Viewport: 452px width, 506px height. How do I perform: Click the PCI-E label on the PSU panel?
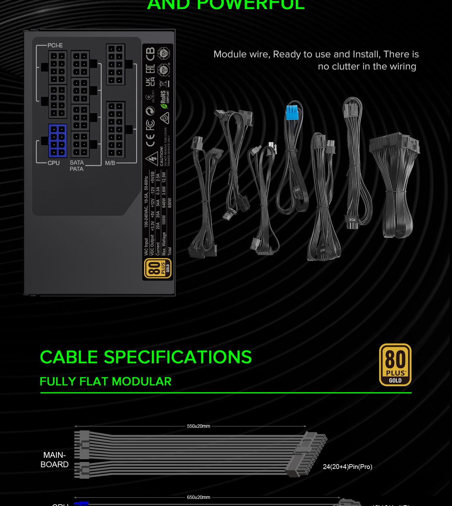tap(55, 46)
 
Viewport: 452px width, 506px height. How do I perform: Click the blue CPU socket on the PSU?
tap(58, 141)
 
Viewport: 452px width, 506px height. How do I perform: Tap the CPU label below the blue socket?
tap(54, 163)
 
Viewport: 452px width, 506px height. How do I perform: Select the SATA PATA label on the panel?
tap(77, 166)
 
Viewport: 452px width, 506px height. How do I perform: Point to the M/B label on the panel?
tap(110, 163)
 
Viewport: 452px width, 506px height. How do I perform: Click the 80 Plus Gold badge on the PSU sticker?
tap(158, 269)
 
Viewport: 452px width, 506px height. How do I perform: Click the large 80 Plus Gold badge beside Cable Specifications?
tap(395, 365)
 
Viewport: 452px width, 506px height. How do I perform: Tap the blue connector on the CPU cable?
tap(292, 112)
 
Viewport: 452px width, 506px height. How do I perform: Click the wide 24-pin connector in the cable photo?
tap(394, 143)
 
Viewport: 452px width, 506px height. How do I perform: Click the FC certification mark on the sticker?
tap(150, 125)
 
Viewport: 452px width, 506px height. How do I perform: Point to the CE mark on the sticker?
tap(150, 140)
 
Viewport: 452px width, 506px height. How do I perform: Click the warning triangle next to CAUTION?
tap(152, 158)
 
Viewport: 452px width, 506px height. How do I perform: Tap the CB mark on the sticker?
tap(150, 54)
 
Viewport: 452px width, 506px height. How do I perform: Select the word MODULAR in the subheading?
tap(142, 382)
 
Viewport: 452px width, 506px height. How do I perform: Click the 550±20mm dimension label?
tap(198, 426)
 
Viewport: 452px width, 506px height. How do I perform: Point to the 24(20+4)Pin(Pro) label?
tap(347, 467)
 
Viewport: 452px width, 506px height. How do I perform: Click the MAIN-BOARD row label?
tap(54, 460)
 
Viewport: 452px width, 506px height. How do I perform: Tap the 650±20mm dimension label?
tap(198, 497)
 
